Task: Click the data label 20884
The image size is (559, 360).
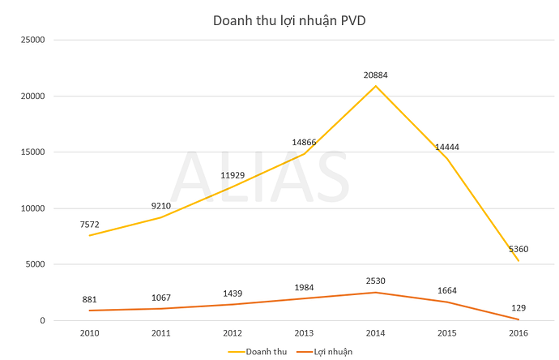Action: pyautogui.click(x=376, y=75)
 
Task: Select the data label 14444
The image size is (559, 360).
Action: pyautogui.click(x=446, y=148)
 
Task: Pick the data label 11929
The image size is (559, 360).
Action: pyautogui.click(x=234, y=175)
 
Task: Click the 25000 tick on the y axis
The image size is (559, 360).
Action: pyautogui.click(x=32, y=40)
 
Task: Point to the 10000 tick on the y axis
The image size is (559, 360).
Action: pyautogui.click(x=32, y=208)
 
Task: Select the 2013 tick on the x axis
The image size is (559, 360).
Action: pyautogui.click(x=305, y=333)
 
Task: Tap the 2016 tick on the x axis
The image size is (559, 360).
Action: pyautogui.click(x=518, y=333)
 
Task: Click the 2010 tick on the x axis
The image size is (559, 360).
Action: pyautogui.click(x=91, y=333)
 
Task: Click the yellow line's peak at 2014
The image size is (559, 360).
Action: pyautogui.click(x=376, y=86)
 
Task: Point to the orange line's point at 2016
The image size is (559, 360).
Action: pyautogui.click(x=518, y=319)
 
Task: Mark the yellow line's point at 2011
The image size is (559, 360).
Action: pyautogui.click(x=162, y=217)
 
